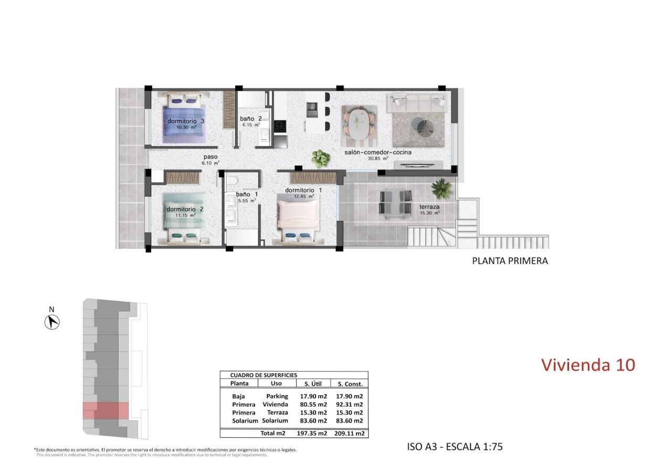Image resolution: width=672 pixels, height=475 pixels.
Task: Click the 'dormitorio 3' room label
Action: [185, 121]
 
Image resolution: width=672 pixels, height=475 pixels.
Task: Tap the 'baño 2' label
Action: [250, 119]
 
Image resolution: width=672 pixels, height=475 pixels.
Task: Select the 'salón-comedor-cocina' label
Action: [377, 152]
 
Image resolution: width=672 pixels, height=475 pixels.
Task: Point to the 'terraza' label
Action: [429, 207]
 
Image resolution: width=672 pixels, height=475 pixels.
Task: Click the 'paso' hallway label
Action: [210, 157]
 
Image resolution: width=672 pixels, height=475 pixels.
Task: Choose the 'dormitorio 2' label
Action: [185, 209]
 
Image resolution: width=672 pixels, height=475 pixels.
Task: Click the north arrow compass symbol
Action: [52, 321]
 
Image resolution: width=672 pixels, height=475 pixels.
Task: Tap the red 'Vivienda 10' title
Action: [587, 364]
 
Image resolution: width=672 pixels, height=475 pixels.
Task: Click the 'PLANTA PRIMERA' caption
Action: [510, 260]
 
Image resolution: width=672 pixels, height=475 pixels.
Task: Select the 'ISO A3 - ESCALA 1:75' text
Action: [455, 447]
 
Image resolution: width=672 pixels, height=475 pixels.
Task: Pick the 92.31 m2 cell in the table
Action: [351, 405]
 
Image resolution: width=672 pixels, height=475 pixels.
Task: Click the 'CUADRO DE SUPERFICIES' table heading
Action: [264, 375]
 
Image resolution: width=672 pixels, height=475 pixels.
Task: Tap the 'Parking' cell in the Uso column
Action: [277, 396]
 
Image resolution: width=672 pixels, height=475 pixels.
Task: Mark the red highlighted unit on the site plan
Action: [106, 410]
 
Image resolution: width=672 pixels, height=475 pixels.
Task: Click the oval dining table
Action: [359, 124]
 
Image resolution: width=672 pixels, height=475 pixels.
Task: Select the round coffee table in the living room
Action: [423, 126]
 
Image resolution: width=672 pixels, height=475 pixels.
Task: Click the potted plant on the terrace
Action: [442, 187]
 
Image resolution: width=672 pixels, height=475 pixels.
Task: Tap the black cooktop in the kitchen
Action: [280, 126]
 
